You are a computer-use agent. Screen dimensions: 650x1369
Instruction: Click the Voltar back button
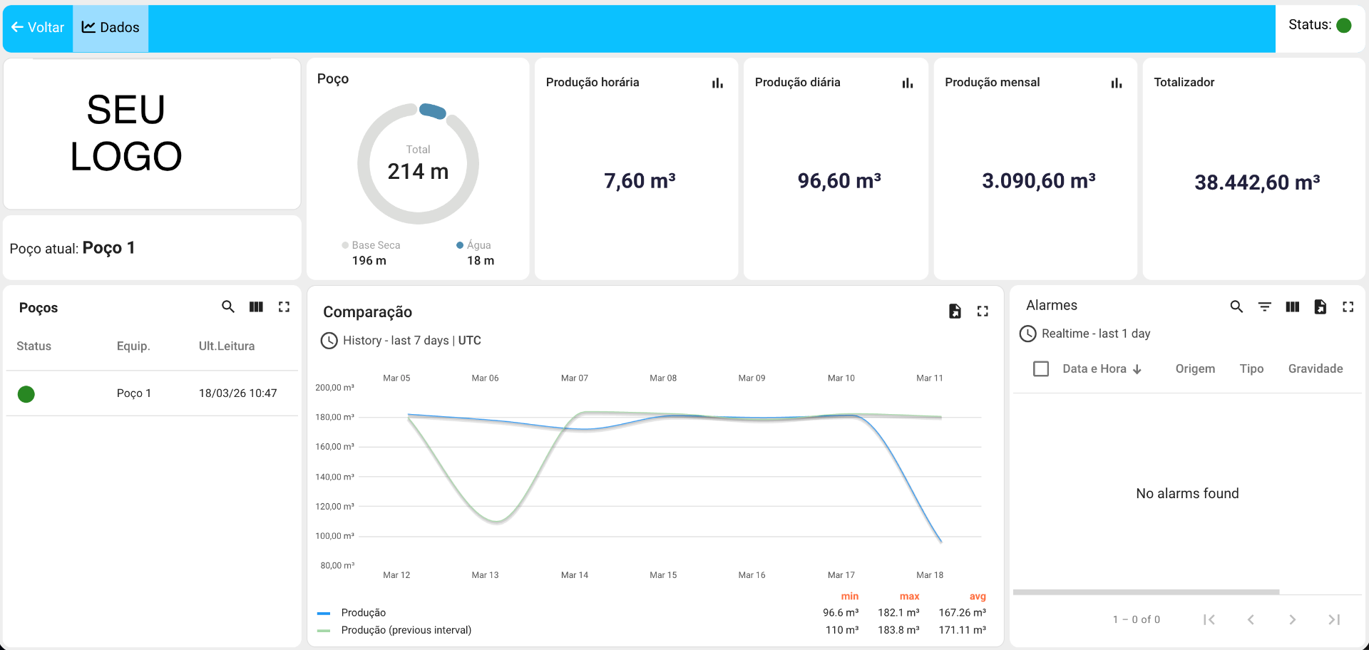(38, 28)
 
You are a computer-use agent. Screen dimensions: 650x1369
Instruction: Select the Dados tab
(111, 28)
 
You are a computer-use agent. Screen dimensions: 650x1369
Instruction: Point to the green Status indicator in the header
(1344, 26)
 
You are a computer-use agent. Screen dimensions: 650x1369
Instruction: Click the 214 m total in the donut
(418, 172)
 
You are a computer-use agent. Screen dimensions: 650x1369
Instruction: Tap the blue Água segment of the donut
(433, 110)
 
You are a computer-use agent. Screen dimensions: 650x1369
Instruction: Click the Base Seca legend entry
(371, 245)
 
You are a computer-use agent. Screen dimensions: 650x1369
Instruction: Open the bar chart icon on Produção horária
(717, 83)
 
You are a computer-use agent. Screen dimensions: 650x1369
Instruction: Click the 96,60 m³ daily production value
(839, 181)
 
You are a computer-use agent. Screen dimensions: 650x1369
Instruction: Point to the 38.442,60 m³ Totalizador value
(1257, 182)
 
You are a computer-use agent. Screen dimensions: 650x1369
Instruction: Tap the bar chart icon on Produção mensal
(1117, 83)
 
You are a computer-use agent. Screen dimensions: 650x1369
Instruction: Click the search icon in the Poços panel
(228, 306)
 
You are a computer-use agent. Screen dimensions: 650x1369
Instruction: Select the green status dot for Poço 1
(26, 394)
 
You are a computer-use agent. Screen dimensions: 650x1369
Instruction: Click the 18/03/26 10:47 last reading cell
(237, 393)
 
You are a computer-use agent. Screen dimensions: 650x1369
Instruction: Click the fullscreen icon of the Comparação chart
(983, 311)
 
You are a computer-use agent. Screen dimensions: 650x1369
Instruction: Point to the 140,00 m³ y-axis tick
(334, 477)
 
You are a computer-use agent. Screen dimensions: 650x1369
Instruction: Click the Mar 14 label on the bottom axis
(574, 575)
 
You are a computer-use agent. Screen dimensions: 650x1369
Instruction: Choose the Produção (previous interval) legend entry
(406, 630)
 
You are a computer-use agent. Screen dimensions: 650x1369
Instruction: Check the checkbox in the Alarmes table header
(1041, 368)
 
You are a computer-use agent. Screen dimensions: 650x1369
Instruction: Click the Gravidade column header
(1315, 368)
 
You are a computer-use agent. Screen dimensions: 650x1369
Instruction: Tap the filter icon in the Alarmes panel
(1264, 306)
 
